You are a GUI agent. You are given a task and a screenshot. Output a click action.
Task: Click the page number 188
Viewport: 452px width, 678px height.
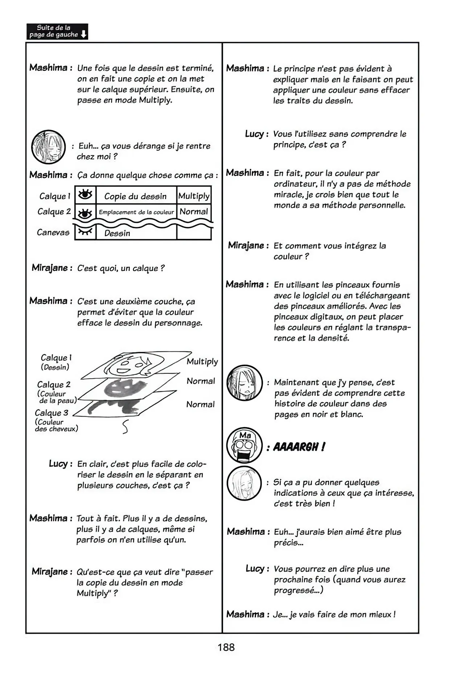(226, 647)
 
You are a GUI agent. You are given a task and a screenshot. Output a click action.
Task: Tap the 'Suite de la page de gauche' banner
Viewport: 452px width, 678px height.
(57, 32)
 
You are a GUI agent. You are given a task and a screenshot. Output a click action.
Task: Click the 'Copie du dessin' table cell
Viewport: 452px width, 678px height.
(136, 196)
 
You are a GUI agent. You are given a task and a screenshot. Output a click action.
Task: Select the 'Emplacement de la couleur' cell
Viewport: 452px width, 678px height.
(136, 212)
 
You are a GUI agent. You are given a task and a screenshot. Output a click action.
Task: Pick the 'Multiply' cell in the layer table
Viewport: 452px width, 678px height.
(194, 196)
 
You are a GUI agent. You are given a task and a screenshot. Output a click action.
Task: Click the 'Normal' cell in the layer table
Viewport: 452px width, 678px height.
(194, 211)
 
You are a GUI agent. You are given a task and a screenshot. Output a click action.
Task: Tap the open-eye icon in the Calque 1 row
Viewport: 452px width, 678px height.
(85, 195)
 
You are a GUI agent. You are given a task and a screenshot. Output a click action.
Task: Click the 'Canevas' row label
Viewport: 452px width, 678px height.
(53, 232)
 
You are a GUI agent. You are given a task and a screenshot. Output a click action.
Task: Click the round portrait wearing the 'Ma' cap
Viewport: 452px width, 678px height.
(244, 446)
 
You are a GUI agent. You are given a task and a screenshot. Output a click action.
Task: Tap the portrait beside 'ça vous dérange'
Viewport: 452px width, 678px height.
(49, 147)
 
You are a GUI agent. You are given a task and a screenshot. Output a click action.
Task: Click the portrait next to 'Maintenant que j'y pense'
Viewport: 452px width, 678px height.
(244, 383)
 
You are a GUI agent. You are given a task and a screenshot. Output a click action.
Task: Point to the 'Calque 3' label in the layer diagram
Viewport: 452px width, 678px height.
(52, 413)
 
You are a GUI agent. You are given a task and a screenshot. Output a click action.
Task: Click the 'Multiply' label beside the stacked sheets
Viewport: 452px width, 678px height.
(202, 361)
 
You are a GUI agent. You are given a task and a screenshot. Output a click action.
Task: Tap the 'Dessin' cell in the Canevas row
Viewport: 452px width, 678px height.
(117, 233)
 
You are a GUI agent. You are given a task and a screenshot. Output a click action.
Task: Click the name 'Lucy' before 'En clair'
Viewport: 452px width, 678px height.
(58, 464)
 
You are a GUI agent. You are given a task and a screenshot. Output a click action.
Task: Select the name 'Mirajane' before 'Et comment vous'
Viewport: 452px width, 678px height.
(246, 245)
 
